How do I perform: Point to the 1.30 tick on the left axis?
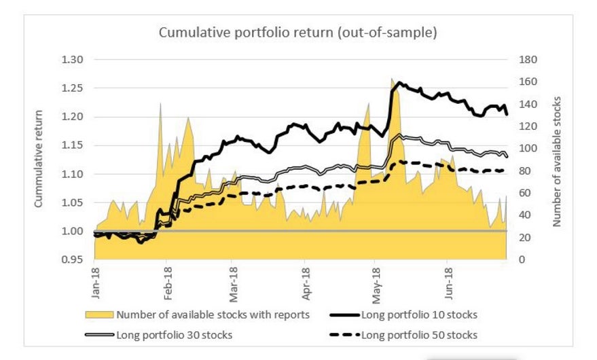(72, 59)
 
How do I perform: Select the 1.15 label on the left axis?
(72, 145)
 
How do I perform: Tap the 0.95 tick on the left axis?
(72, 259)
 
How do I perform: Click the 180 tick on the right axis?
(528, 59)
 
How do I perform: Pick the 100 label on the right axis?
(528, 148)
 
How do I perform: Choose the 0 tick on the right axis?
(522, 259)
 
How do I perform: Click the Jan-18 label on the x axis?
(95, 283)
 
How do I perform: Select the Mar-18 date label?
(233, 284)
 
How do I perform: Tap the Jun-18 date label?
(448, 283)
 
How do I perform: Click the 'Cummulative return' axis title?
(38, 159)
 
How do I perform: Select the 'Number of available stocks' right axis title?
(557, 162)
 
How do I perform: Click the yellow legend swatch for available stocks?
(99, 314)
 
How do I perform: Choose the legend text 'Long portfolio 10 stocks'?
(419, 314)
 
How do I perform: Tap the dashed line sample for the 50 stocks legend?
(344, 335)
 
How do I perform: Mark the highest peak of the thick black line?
(399, 82)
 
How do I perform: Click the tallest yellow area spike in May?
(392, 79)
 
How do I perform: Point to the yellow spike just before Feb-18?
(160, 104)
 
